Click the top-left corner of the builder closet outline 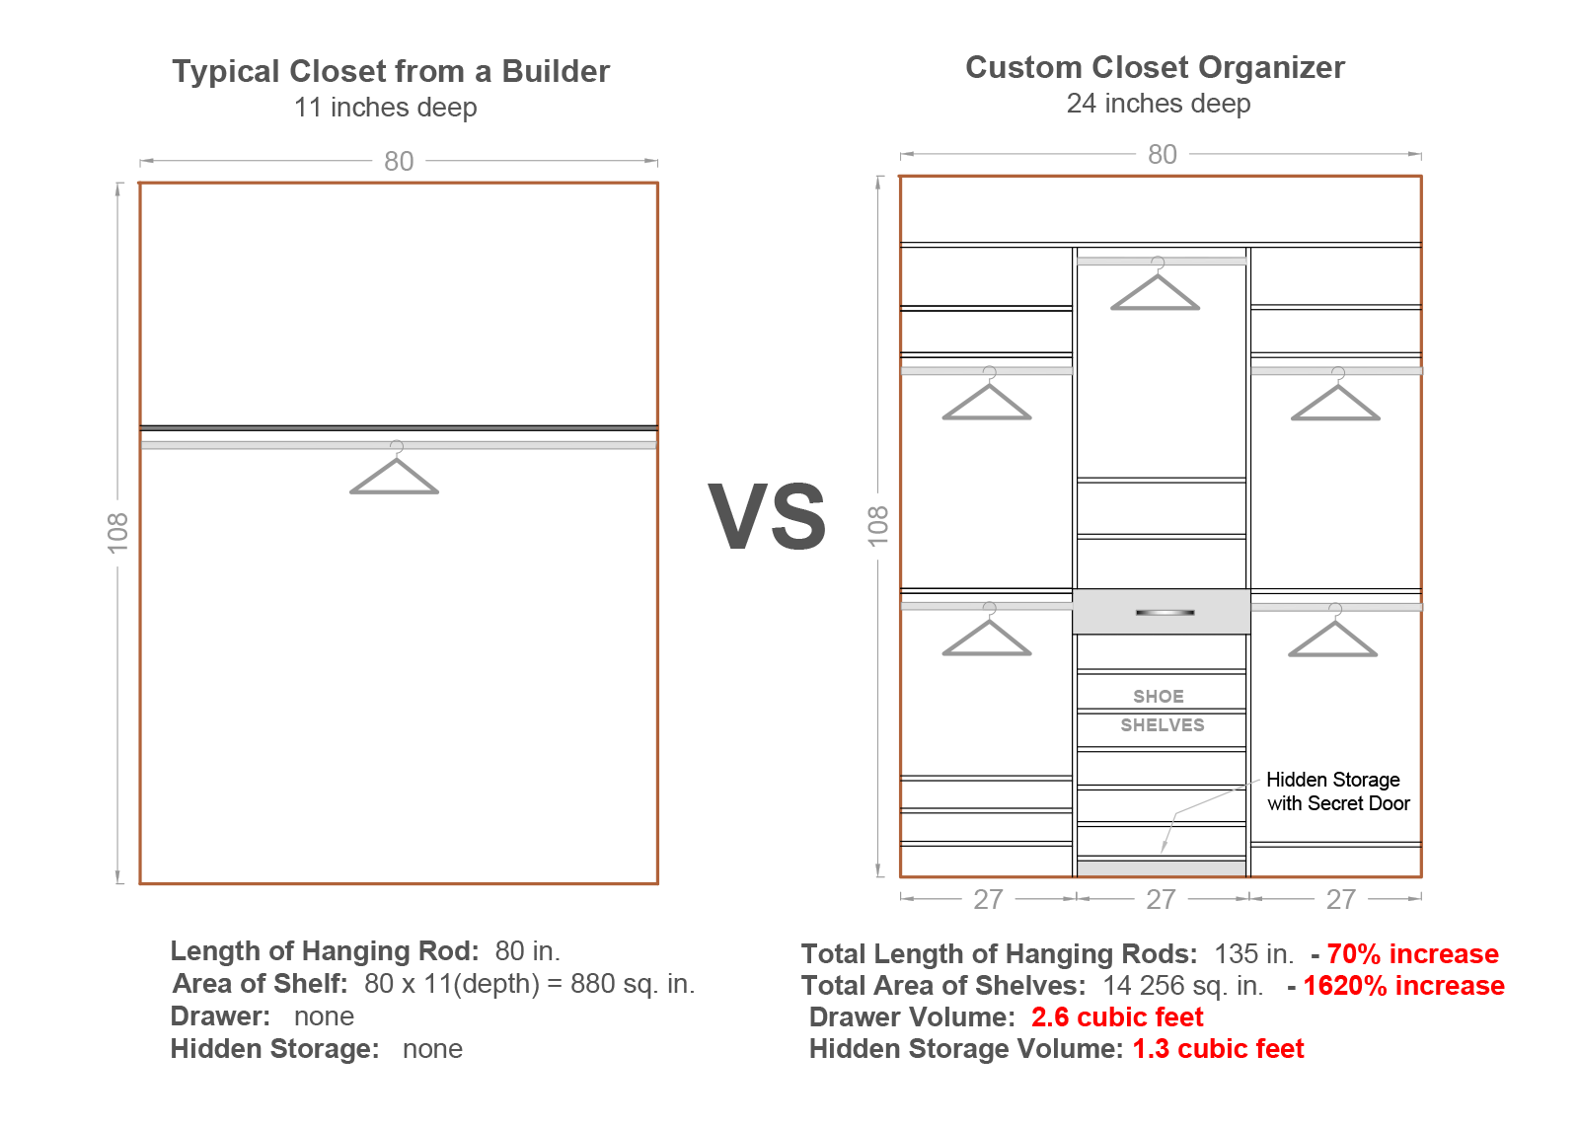pos(139,184)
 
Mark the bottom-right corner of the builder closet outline pos(657,883)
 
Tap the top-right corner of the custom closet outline pos(1421,177)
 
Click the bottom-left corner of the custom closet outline pos(900,877)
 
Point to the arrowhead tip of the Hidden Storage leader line pos(1161,854)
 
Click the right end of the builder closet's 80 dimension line pos(657,161)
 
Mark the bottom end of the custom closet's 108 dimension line pos(878,876)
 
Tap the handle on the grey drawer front pos(1165,613)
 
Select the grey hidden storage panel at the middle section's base pos(1161,868)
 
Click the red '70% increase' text pos(1412,954)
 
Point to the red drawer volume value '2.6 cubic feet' pos(1117,1017)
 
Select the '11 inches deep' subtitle pos(385,108)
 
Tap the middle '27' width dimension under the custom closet pos(1161,899)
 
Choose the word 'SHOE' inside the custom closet pos(1159,697)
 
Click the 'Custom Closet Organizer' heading pos(1155,68)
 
